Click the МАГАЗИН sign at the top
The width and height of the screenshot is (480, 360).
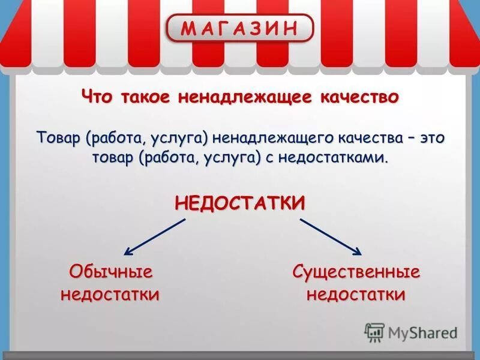(239, 28)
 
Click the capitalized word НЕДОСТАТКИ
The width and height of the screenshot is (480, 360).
(240, 203)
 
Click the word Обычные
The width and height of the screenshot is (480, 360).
(111, 272)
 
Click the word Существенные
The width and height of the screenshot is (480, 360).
(356, 272)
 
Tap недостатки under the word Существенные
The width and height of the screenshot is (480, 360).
(356, 294)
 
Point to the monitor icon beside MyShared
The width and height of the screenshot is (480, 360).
(374, 332)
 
